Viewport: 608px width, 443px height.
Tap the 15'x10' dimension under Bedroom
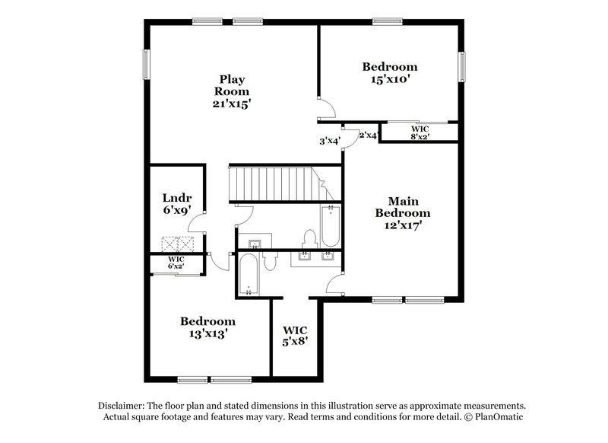click(x=389, y=78)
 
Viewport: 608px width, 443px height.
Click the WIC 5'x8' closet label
click(x=295, y=335)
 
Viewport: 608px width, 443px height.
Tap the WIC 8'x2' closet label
click(x=420, y=132)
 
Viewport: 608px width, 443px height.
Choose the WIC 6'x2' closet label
click(x=176, y=263)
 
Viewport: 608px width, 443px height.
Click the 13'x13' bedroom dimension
click(x=207, y=333)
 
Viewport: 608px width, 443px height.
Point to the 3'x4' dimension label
click(x=329, y=140)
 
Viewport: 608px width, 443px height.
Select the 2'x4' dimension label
click(x=369, y=135)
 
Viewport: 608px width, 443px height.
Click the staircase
click(x=274, y=183)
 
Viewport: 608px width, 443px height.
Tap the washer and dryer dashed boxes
click(x=179, y=244)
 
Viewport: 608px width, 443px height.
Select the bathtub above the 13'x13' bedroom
click(x=249, y=276)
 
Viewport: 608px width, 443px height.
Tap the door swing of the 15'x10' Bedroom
click(x=325, y=108)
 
